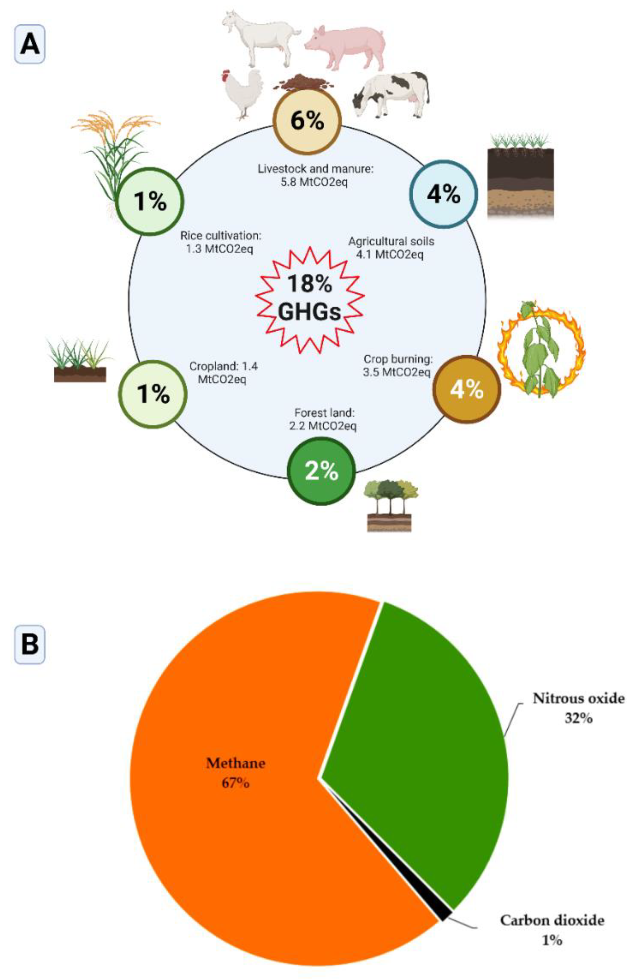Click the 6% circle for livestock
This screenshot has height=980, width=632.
point(307,121)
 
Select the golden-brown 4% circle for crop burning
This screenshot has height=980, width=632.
point(467,389)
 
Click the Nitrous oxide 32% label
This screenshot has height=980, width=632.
point(578,708)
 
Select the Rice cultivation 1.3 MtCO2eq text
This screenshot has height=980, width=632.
point(220,242)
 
